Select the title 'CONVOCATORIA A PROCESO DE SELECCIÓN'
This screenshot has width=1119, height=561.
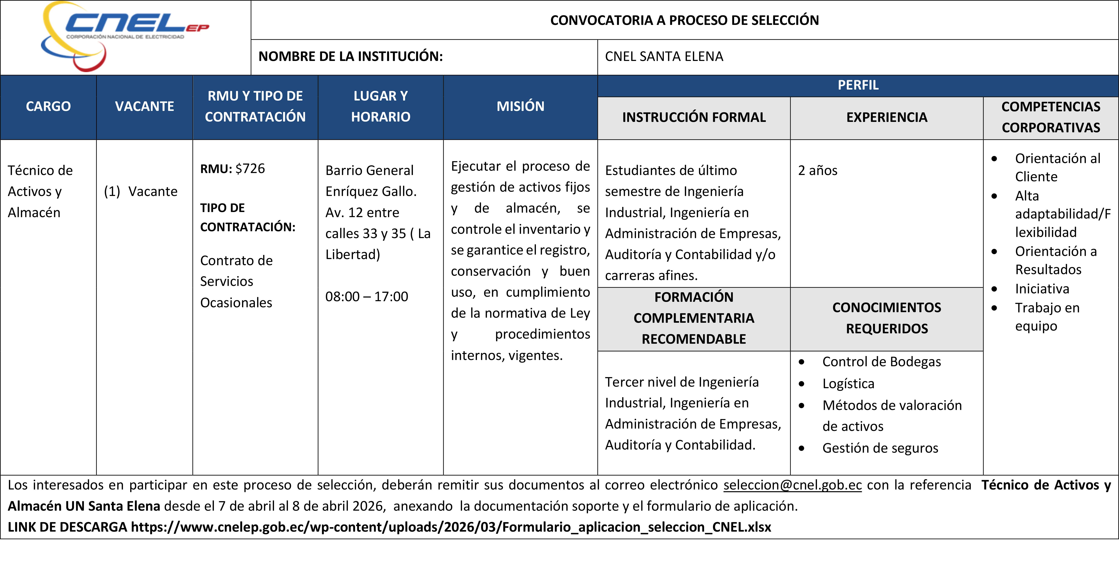684,20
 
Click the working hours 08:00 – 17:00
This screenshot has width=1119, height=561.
367,296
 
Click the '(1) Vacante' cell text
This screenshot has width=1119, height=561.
141,191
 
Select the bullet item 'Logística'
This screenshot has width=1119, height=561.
848,383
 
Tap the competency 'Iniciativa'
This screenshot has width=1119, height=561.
1042,289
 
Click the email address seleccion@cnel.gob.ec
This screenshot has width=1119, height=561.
792,485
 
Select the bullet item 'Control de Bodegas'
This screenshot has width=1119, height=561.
881,362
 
